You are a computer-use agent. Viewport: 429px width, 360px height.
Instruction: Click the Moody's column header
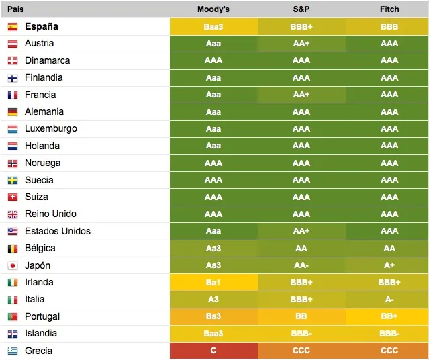coord(213,9)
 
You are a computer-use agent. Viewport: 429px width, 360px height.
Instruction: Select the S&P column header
coord(301,9)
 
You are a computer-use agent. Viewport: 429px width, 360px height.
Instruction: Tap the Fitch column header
coord(389,9)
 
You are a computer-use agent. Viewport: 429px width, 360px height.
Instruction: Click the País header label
coord(15,9)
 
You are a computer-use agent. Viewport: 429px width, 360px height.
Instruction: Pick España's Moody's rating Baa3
coord(213,27)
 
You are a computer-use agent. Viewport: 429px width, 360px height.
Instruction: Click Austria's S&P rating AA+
coord(301,44)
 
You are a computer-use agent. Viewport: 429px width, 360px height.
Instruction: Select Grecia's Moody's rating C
coord(213,351)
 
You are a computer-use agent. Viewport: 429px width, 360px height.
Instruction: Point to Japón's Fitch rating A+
coord(389,265)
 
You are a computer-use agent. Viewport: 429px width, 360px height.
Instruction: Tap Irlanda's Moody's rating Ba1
coord(213,282)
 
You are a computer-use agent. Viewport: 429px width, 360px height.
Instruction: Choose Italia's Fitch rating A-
coord(389,300)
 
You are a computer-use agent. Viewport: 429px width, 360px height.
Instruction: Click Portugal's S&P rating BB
coord(301,316)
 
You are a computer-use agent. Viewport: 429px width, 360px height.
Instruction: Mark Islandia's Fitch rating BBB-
coord(389,333)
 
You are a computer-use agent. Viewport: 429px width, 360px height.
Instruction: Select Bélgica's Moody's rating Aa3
coord(213,248)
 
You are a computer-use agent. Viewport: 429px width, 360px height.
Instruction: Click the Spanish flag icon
coord(13,27)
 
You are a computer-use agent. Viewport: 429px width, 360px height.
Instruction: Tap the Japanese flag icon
coord(13,265)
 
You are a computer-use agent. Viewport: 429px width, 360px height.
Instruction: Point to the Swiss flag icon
coord(13,197)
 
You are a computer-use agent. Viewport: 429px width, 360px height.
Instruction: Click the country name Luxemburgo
coord(51,129)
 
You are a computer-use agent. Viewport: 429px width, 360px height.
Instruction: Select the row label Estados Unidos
coord(58,231)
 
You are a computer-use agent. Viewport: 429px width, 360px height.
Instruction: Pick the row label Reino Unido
coord(50,214)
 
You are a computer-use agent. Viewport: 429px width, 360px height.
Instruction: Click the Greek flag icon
coord(13,351)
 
